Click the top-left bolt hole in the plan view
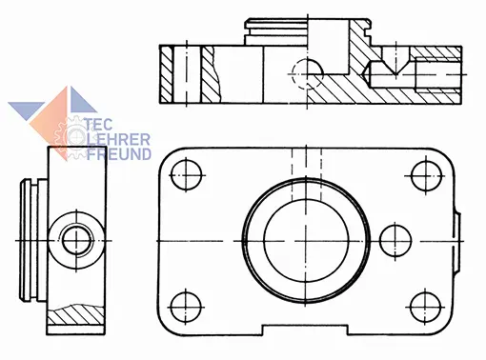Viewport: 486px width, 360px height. point(186,175)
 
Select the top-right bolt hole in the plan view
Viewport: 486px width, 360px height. point(426,176)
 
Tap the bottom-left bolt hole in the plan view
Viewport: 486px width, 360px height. point(186,308)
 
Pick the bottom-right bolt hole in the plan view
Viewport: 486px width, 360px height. point(425,308)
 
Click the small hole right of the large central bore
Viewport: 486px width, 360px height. point(395,241)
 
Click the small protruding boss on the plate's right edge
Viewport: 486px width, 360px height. point(457,242)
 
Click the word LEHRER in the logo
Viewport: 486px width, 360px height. point(118,139)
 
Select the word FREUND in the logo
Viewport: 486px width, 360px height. point(119,153)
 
